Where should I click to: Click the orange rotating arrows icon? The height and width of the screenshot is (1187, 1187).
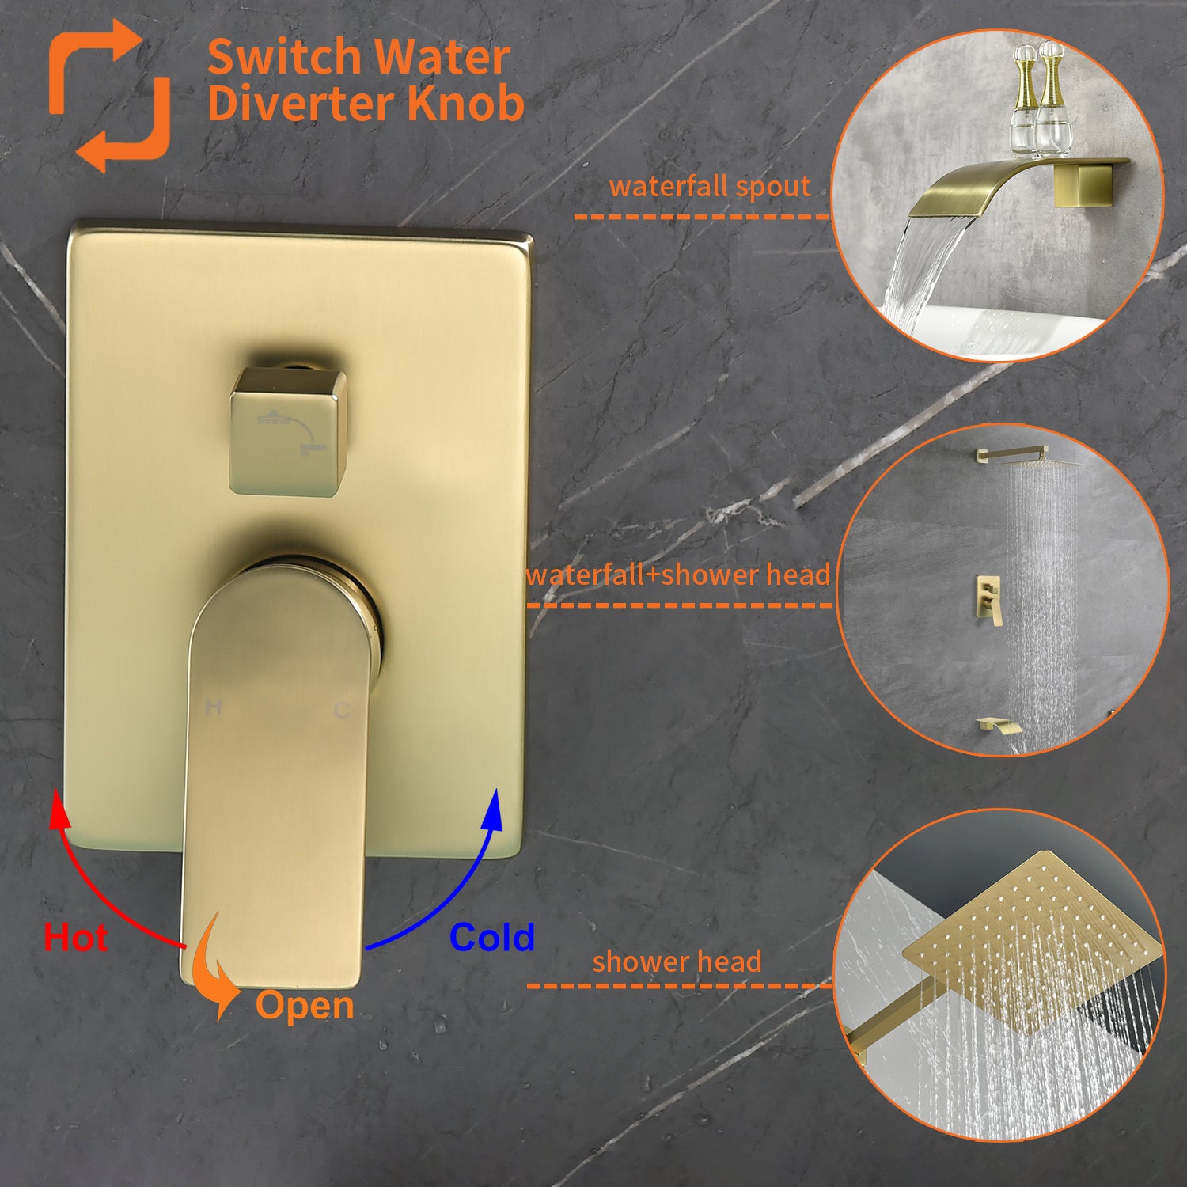point(109,95)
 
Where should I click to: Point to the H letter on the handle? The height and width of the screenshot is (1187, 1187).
point(213,707)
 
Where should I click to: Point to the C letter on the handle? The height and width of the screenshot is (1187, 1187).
point(342,710)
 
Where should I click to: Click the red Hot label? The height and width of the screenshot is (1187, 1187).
point(75,938)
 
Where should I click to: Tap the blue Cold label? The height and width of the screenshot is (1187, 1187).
point(491,938)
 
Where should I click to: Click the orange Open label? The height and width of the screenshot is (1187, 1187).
point(304,1005)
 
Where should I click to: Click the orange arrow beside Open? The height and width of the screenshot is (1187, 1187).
point(217,969)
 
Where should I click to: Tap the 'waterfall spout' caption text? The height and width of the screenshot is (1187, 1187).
point(709,187)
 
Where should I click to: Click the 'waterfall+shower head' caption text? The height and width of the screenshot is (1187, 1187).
point(678,575)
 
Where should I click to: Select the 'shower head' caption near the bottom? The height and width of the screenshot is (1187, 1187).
point(677,961)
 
